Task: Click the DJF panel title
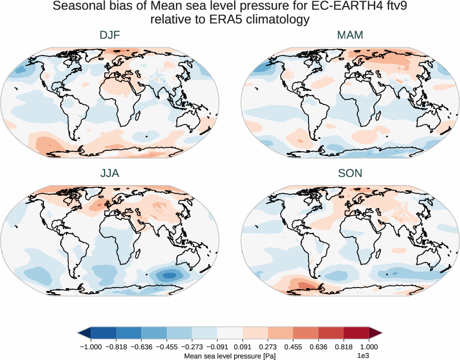tap(110, 36)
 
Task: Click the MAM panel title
tap(350, 36)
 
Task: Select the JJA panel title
tap(110, 173)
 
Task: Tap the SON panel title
tap(350, 173)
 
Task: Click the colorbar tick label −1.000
tap(91, 347)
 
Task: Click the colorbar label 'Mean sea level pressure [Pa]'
tap(230, 355)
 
